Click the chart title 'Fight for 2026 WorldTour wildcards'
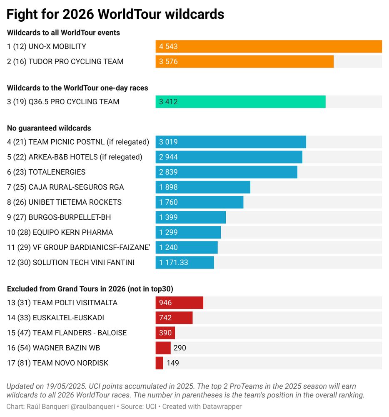pyautogui.click(x=115, y=15)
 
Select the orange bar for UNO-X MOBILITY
pyautogui.click(x=269, y=46)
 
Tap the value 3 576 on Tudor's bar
pyautogui.click(x=168, y=62)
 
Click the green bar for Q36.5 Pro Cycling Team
pyautogui.click(x=240, y=102)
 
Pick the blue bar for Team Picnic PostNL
pyautogui.click(x=231, y=142)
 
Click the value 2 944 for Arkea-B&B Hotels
pyautogui.click(x=168, y=157)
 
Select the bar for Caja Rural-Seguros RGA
pyautogui.click(x=203, y=187)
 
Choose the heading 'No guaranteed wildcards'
pyautogui.click(x=49, y=128)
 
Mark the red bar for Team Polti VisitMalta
pyautogui.click(x=179, y=303)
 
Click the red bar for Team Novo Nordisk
pyautogui.click(x=159, y=363)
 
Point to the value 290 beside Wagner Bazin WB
pyautogui.click(x=180, y=348)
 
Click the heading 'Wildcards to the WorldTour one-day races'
pyautogui.click(x=77, y=88)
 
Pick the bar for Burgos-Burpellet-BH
pyautogui.click(x=190, y=217)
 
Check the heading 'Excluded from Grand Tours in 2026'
pyautogui.click(x=90, y=289)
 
